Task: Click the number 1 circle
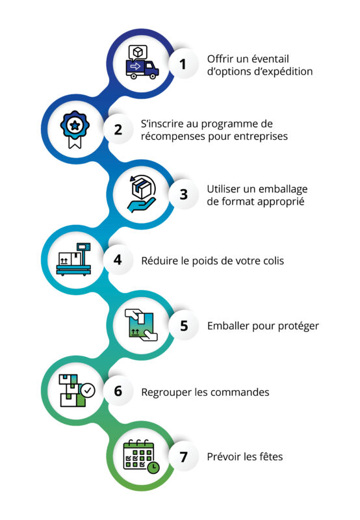pos(183,64)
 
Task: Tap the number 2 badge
pos(118,129)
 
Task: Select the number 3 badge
pos(183,194)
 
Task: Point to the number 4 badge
pos(118,259)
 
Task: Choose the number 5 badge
pos(183,326)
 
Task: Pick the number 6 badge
pos(118,391)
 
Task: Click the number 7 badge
pos(183,456)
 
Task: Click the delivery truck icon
pos(142,62)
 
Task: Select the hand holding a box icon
pos(142,194)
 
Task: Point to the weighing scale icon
pos(74,259)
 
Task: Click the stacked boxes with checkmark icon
pos(77,391)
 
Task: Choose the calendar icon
pos(141,457)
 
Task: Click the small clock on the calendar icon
pos(153,467)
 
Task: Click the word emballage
pos(283,190)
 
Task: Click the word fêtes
pos(270,457)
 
